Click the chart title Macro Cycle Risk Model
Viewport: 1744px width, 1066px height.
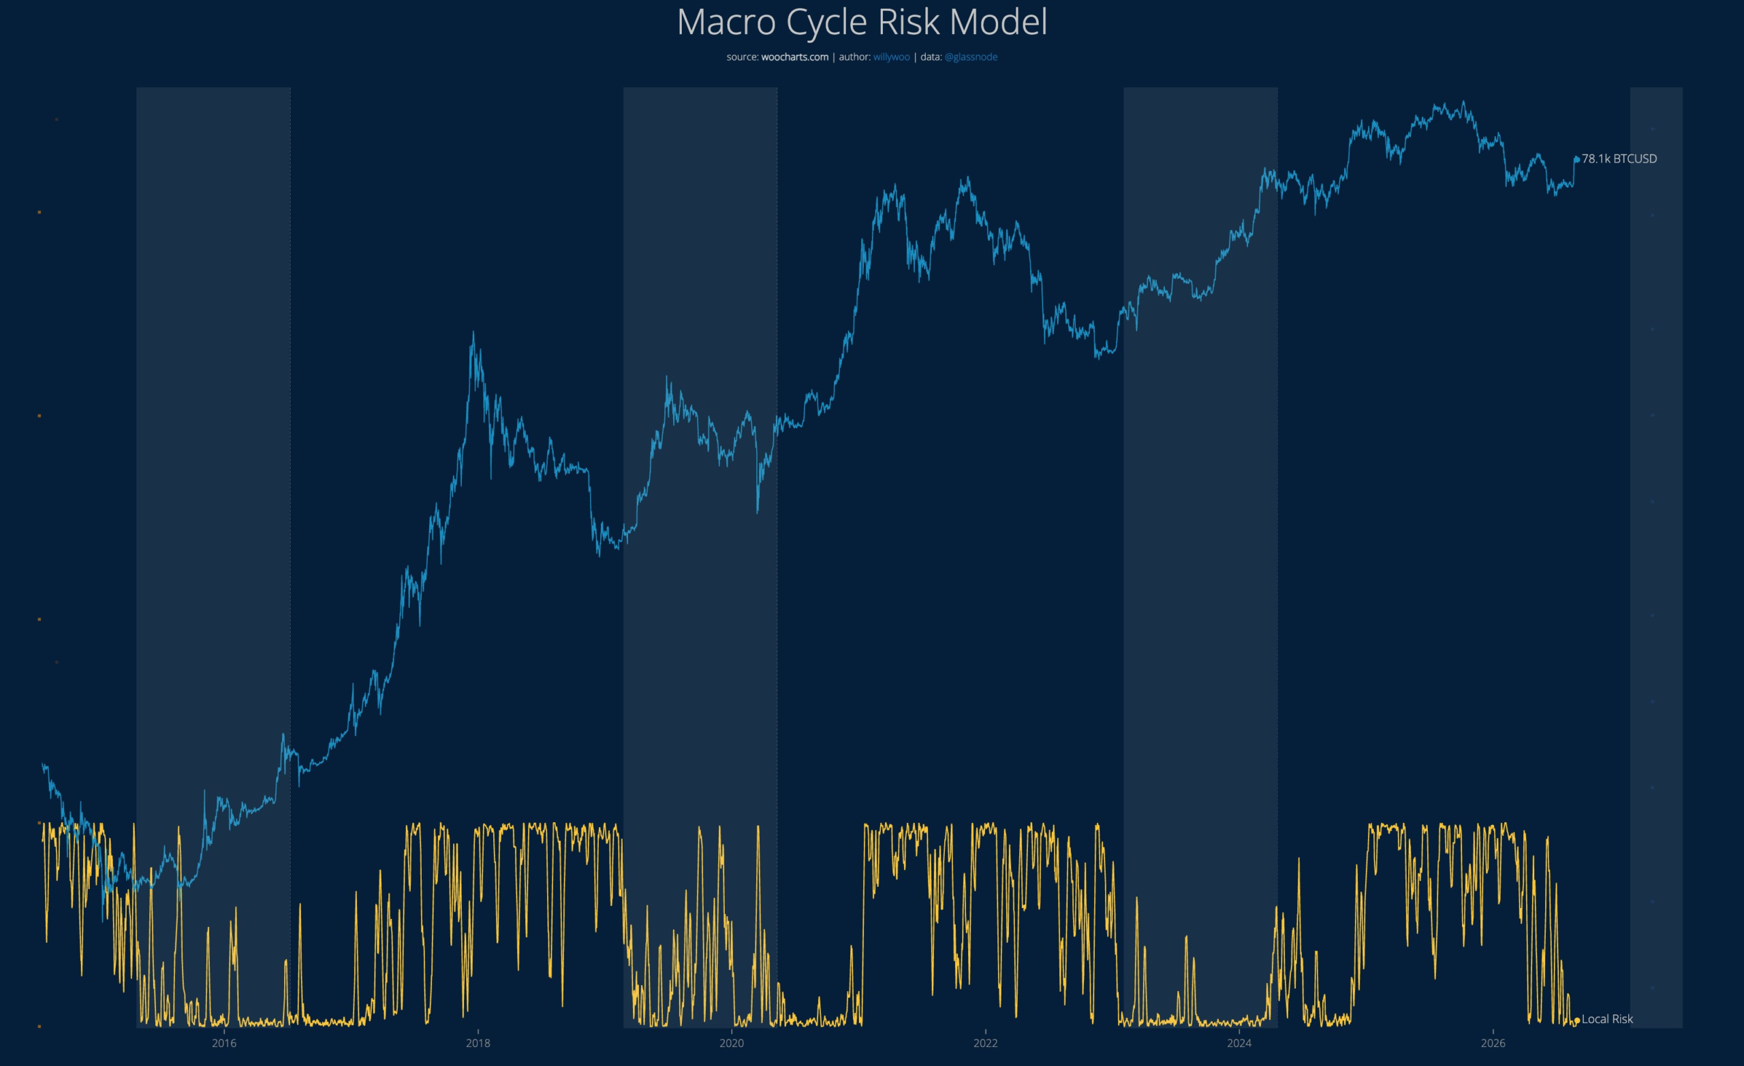pyautogui.click(x=862, y=22)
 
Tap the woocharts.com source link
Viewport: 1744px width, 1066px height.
pyautogui.click(x=794, y=57)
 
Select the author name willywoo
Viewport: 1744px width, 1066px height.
pyautogui.click(x=891, y=57)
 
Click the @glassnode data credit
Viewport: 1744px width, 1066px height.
pyautogui.click(x=970, y=57)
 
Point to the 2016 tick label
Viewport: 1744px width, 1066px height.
pyautogui.click(x=223, y=1043)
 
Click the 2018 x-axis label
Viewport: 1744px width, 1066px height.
pyautogui.click(x=478, y=1043)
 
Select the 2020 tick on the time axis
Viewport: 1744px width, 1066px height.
pyautogui.click(x=731, y=1043)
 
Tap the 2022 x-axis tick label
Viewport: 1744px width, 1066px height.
pyautogui.click(x=985, y=1043)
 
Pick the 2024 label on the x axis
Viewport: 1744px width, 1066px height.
pyautogui.click(x=1239, y=1043)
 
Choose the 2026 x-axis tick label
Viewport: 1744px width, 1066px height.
pyautogui.click(x=1493, y=1043)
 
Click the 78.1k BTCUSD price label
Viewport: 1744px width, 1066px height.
pyautogui.click(x=1619, y=159)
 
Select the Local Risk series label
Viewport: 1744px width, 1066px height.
pyautogui.click(x=1607, y=1019)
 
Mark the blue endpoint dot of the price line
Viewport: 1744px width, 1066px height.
pyautogui.click(x=1577, y=159)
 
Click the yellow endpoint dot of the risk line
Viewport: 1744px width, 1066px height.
pyautogui.click(x=1577, y=1020)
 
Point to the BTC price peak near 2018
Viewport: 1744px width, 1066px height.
pyautogui.click(x=473, y=332)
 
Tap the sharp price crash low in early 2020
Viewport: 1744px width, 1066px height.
pyautogui.click(x=758, y=512)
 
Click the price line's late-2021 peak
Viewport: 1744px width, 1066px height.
pyautogui.click(x=967, y=178)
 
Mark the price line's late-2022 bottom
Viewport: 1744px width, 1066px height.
pyautogui.click(x=1096, y=358)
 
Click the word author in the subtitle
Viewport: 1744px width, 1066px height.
pyautogui.click(x=854, y=57)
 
